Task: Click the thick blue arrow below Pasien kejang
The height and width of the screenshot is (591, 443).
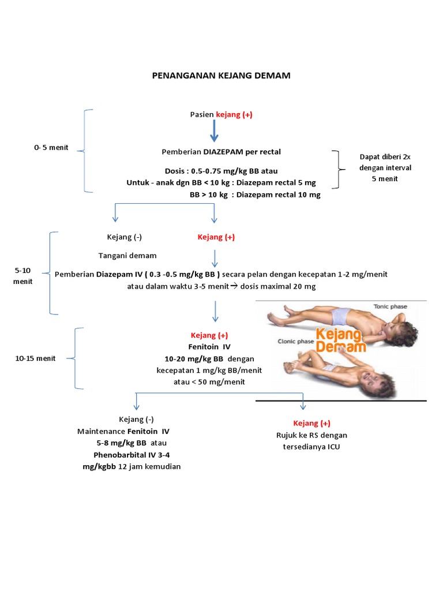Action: tap(214, 132)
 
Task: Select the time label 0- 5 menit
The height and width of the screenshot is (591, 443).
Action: tap(51, 147)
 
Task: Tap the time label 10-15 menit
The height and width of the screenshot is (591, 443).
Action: tap(35, 358)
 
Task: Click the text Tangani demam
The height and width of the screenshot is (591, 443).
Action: tap(127, 256)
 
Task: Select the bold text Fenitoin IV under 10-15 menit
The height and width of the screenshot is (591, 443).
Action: tap(210, 346)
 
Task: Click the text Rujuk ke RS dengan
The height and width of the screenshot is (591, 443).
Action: tap(312, 435)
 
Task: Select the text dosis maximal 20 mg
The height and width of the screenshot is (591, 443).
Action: tap(279, 286)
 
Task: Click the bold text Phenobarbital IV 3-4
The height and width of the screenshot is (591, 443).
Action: tap(132, 455)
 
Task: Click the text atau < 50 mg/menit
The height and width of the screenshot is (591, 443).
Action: tap(209, 381)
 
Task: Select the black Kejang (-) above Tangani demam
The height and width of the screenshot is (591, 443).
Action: tap(125, 237)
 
